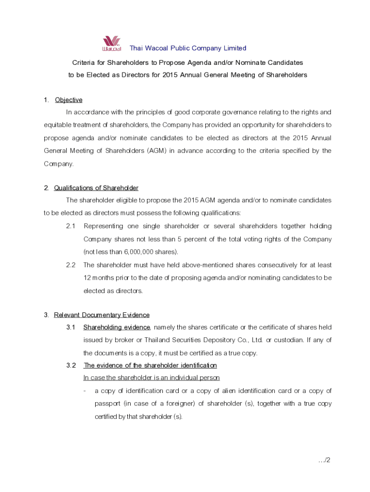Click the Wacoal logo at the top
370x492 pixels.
point(111,44)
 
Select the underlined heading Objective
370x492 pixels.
point(69,100)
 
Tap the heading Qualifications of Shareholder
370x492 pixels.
point(96,188)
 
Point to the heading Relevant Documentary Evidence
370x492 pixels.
point(102,315)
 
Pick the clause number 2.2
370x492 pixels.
point(71,265)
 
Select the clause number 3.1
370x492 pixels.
point(71,327)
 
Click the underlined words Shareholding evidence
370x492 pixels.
point(117,327)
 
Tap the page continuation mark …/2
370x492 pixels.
point(324,460)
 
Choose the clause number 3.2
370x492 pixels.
point(71,365)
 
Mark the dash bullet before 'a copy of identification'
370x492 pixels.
point(85,391)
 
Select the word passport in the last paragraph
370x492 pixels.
point(107,404)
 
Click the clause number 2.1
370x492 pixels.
point(71,226)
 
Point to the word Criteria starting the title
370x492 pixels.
point(84,62)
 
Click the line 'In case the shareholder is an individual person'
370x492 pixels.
point(151,378)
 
